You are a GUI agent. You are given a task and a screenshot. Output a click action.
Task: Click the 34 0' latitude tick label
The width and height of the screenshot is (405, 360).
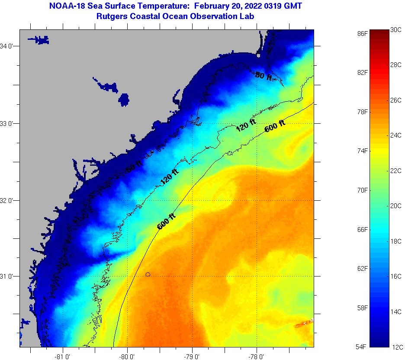(x=8, y=46)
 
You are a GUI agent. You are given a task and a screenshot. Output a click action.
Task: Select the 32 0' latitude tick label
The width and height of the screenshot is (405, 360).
(x=8, y=201)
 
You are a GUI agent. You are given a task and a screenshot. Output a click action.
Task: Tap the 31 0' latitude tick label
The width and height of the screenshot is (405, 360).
(x=8, y=276)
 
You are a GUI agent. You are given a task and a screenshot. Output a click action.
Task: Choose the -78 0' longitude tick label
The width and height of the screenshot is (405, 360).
(x=257, y=357)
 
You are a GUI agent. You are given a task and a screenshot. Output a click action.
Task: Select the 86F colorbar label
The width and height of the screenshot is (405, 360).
(x=363, y=33)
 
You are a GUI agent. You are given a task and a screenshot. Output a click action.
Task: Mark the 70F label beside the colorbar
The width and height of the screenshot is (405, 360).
(x=363, y=190)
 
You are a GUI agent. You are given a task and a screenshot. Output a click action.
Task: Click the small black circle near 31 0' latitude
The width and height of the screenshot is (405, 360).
(x=148, y=274)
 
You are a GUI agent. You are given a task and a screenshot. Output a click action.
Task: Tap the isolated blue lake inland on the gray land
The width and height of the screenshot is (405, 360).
(x=124, y=100)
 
